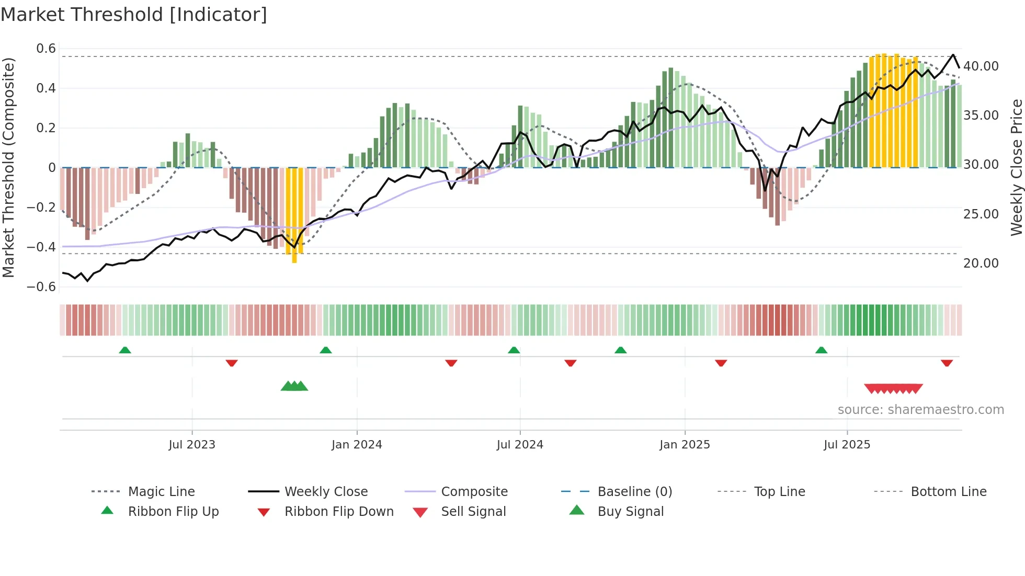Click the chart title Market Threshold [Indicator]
coord(134,15)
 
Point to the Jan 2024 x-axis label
coord(357,444)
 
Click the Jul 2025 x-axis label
coord(847,444)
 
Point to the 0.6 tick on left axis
coord(46,49)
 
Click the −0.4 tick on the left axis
coord(41,247)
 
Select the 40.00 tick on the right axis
coord(981,66)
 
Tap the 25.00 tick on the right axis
coord(981,214)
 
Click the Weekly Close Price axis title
coord(1016,167)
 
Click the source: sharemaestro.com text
coord(920,410)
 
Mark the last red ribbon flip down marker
coord(947,363)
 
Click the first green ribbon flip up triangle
coord(125,350)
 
